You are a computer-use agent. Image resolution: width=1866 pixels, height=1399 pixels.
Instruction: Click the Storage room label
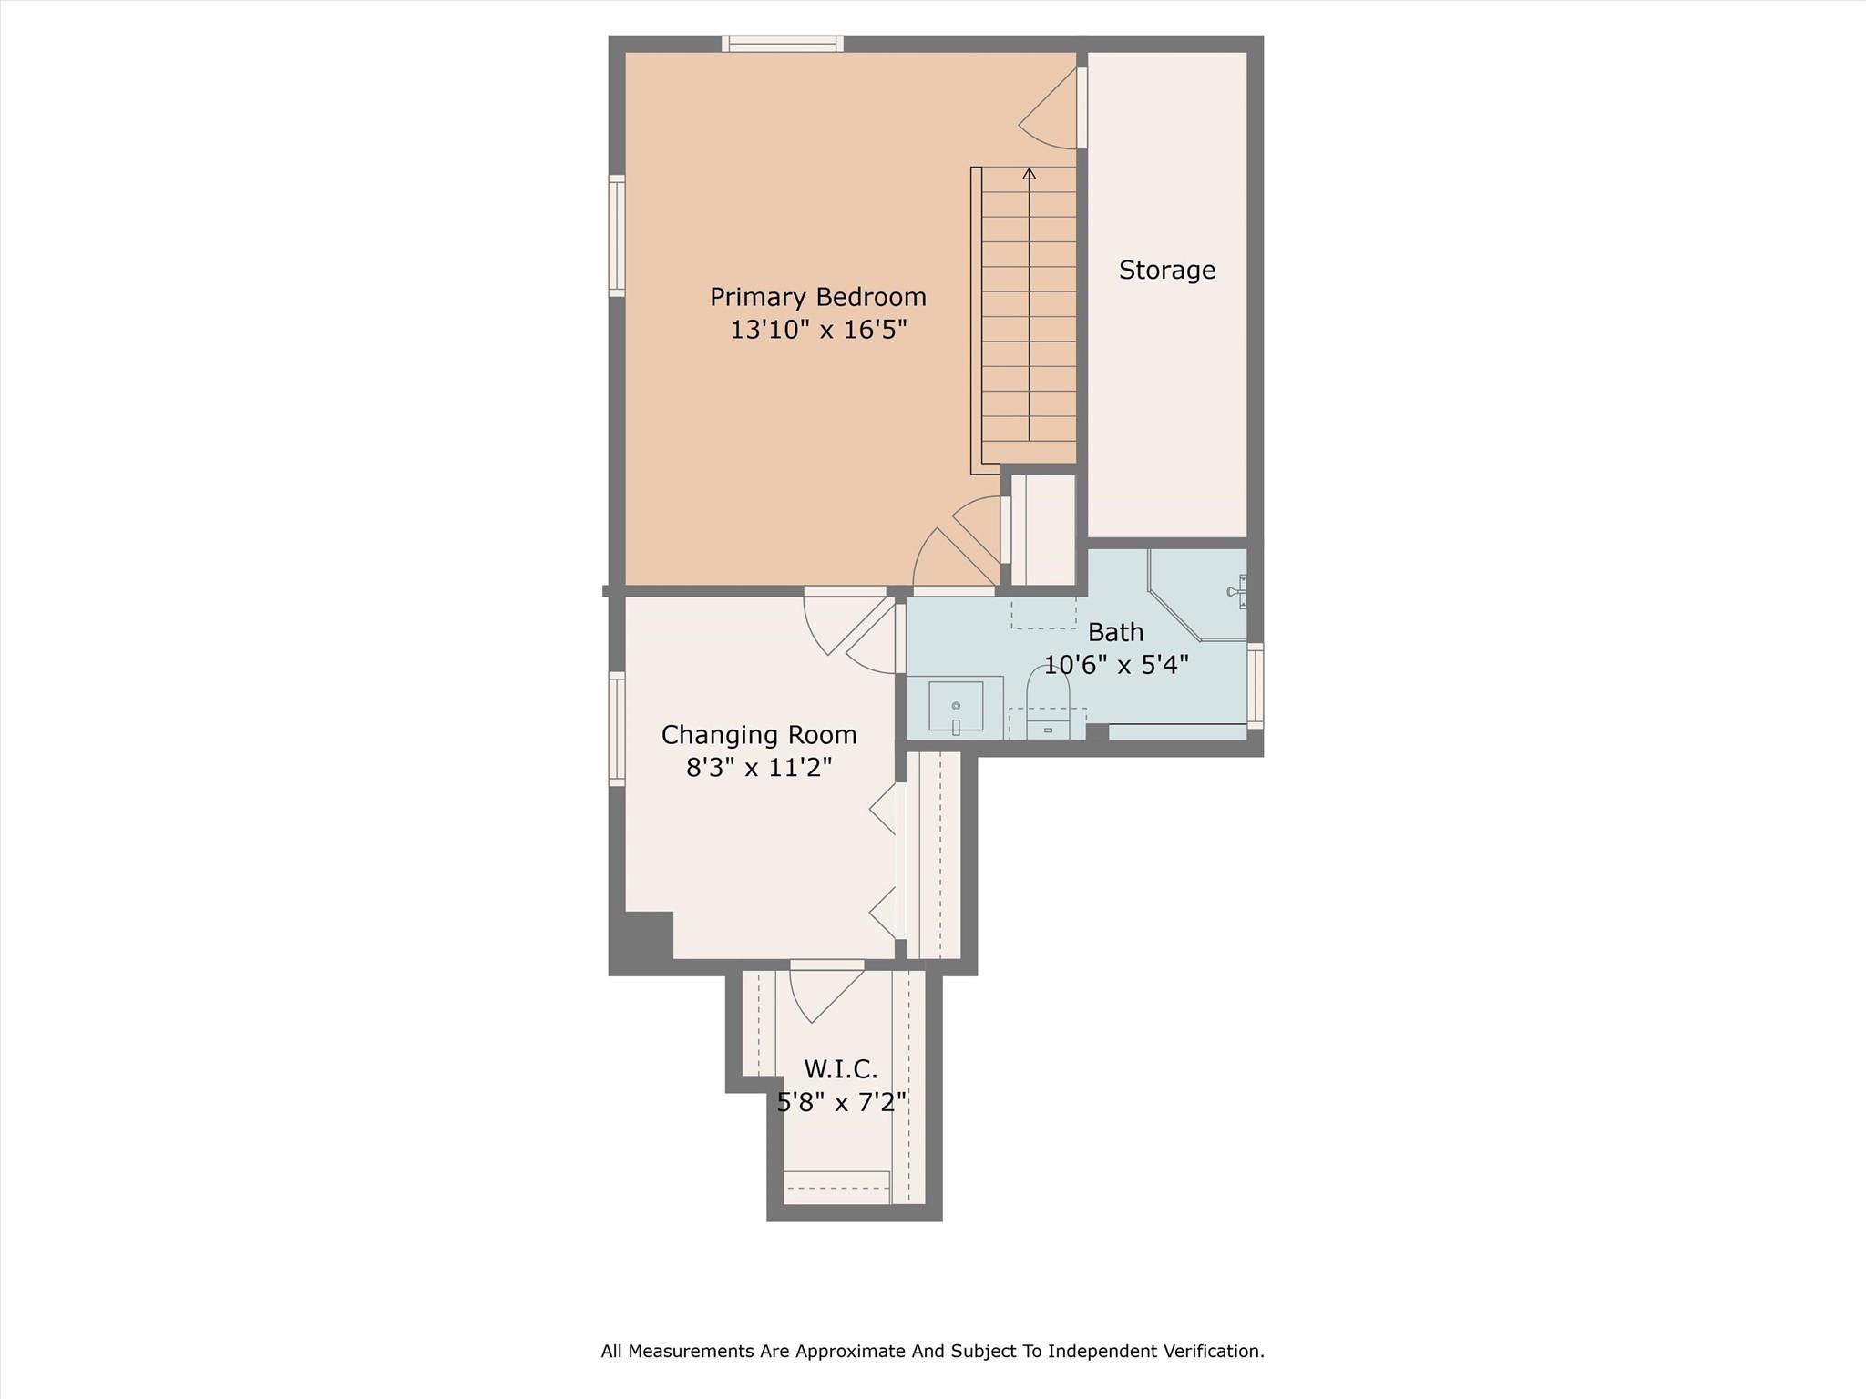(1166, 271)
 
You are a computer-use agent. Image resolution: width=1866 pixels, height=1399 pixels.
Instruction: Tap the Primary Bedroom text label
(817, 298)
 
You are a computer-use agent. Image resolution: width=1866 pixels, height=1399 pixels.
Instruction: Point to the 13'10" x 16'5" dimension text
(817, 330)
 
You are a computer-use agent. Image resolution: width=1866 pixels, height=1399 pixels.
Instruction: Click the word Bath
(1115, 632)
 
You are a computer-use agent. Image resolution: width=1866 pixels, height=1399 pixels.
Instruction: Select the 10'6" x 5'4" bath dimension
(1115, 665)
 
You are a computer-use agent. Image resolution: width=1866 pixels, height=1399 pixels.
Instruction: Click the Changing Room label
(758, 735)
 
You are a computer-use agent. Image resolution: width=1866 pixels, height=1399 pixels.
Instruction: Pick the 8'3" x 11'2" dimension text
(758, 768)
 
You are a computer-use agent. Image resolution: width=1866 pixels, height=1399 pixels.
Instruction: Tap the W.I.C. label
(840, 1069)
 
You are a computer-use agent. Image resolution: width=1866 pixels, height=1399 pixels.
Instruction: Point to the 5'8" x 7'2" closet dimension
(840, 1103)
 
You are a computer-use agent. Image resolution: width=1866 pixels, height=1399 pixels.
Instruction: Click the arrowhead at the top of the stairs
(1030, 173)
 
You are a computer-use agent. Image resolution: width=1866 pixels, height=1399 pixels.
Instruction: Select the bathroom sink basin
(956, 706)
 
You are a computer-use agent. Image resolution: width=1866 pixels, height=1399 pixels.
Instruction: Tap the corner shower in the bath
(1197, 594)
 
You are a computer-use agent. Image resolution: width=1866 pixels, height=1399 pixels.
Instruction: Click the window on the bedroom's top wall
(783, 44)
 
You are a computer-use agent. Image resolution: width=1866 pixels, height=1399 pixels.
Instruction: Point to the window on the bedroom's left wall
(617, 236)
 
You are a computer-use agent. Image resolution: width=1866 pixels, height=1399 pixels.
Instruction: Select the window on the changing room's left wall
(617, 729)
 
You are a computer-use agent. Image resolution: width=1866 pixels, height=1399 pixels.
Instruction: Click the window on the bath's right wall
(1255, 685)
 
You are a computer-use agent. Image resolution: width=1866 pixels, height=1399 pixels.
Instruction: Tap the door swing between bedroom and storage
(1048, 109)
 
